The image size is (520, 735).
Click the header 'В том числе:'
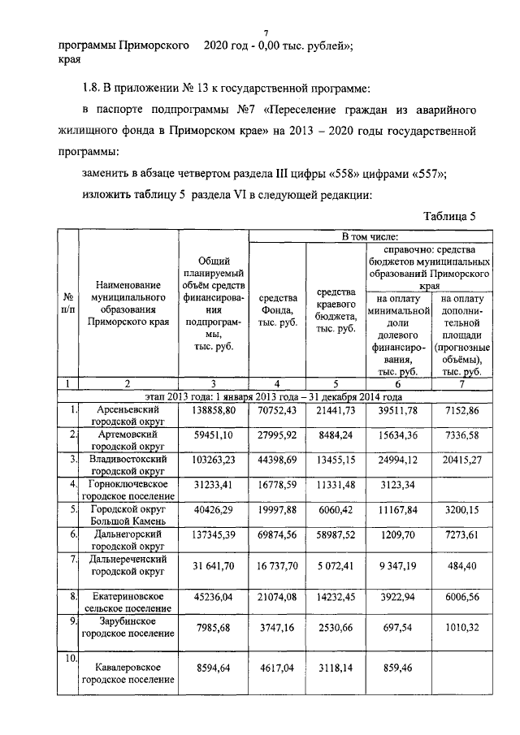pyautogui.click(x=368, y=236)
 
